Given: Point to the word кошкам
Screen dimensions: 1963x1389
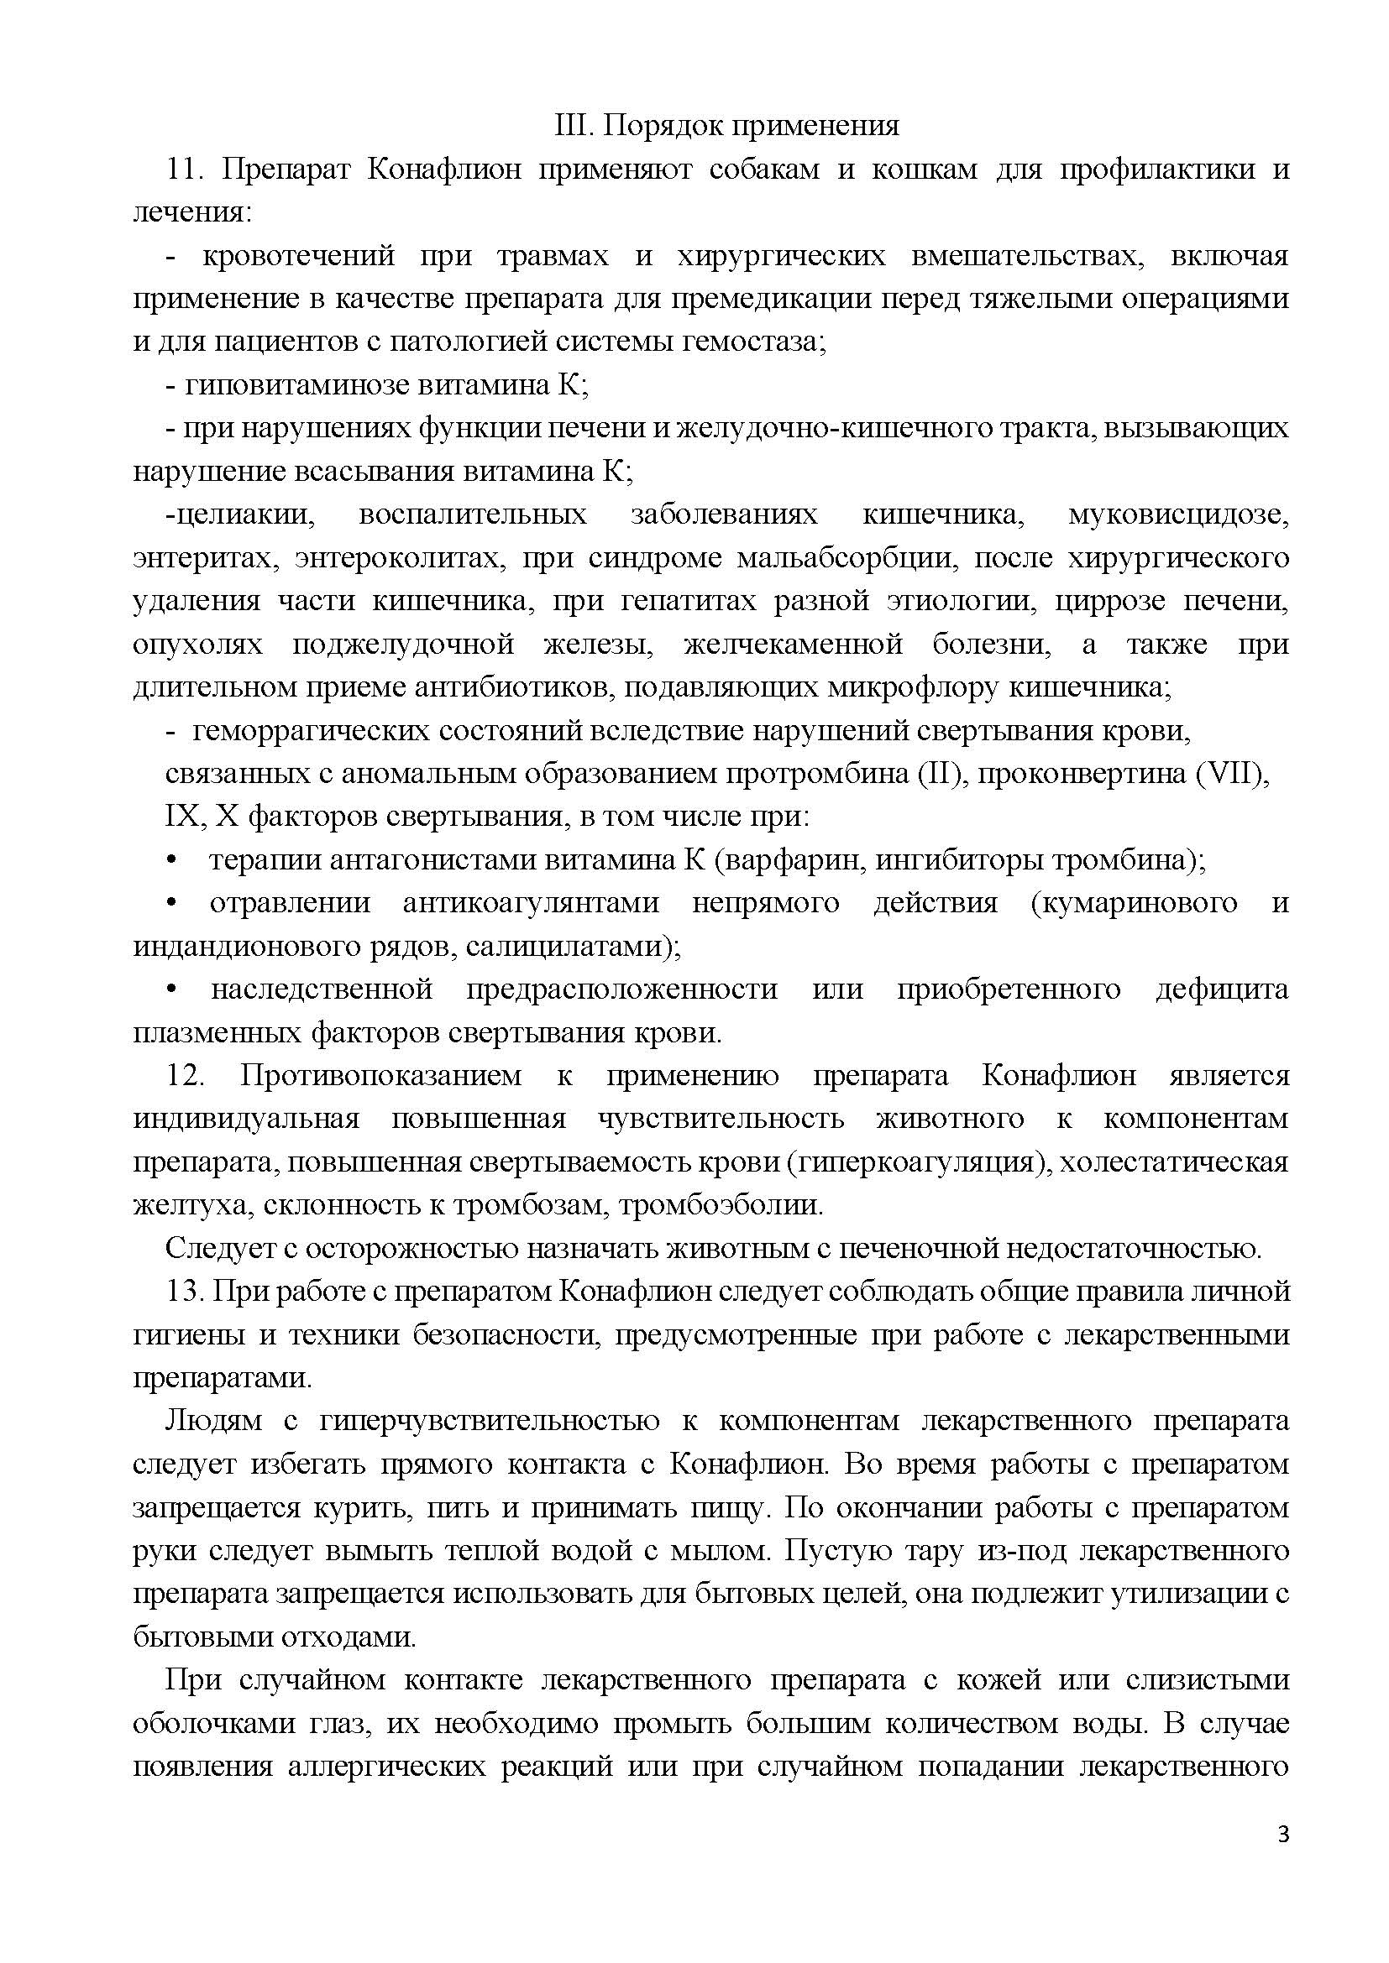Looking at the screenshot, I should coord(925,170).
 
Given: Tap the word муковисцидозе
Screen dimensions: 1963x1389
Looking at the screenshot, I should coord(1177,514).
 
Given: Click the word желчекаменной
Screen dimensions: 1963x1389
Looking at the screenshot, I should coord(793,644).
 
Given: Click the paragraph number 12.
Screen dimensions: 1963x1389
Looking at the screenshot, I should coord(185,1075).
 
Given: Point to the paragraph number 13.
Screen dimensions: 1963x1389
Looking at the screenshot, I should coord(185,1290).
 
